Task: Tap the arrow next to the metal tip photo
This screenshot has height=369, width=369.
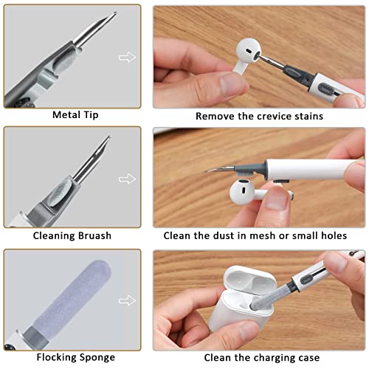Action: coord(128,57)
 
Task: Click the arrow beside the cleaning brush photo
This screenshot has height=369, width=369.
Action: coord(128,178)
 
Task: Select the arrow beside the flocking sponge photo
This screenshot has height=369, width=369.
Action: coord(128,300)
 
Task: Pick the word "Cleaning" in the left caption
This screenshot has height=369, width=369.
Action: coord(56,237)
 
